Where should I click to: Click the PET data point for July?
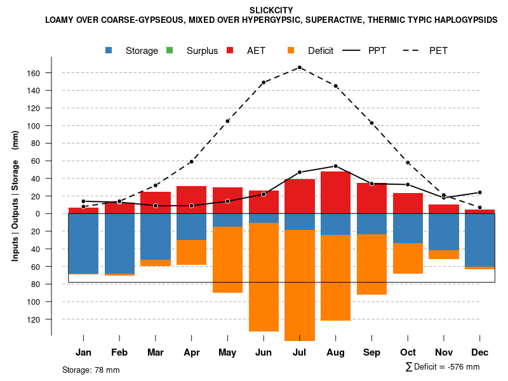300,67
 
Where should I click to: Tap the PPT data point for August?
336,166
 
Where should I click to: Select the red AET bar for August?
336,192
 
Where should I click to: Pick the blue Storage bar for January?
83,244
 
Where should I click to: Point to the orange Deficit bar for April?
192,252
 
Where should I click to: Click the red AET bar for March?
156,203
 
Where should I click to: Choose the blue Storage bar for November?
444,232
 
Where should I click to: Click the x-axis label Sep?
371,352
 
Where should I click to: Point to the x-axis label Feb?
119,352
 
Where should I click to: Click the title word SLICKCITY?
271,10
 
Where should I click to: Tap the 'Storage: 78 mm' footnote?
91,370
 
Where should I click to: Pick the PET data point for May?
227,121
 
